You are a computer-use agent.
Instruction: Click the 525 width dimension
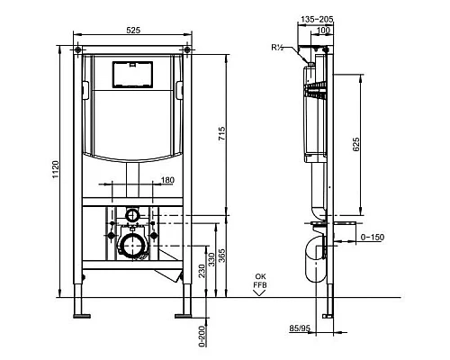[x=132, y=31]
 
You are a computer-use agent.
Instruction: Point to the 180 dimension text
[x=166, y=182]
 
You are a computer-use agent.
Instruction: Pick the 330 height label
[x=211, y=260]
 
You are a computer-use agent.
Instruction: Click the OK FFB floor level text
[x=260, y=282]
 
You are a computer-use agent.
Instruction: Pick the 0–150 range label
[x=371, y=237]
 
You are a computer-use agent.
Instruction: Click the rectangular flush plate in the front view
[x=132, y=73]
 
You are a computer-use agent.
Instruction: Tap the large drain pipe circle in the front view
[x=132, y=245]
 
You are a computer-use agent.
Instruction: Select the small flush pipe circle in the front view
[x=132, y=215]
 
